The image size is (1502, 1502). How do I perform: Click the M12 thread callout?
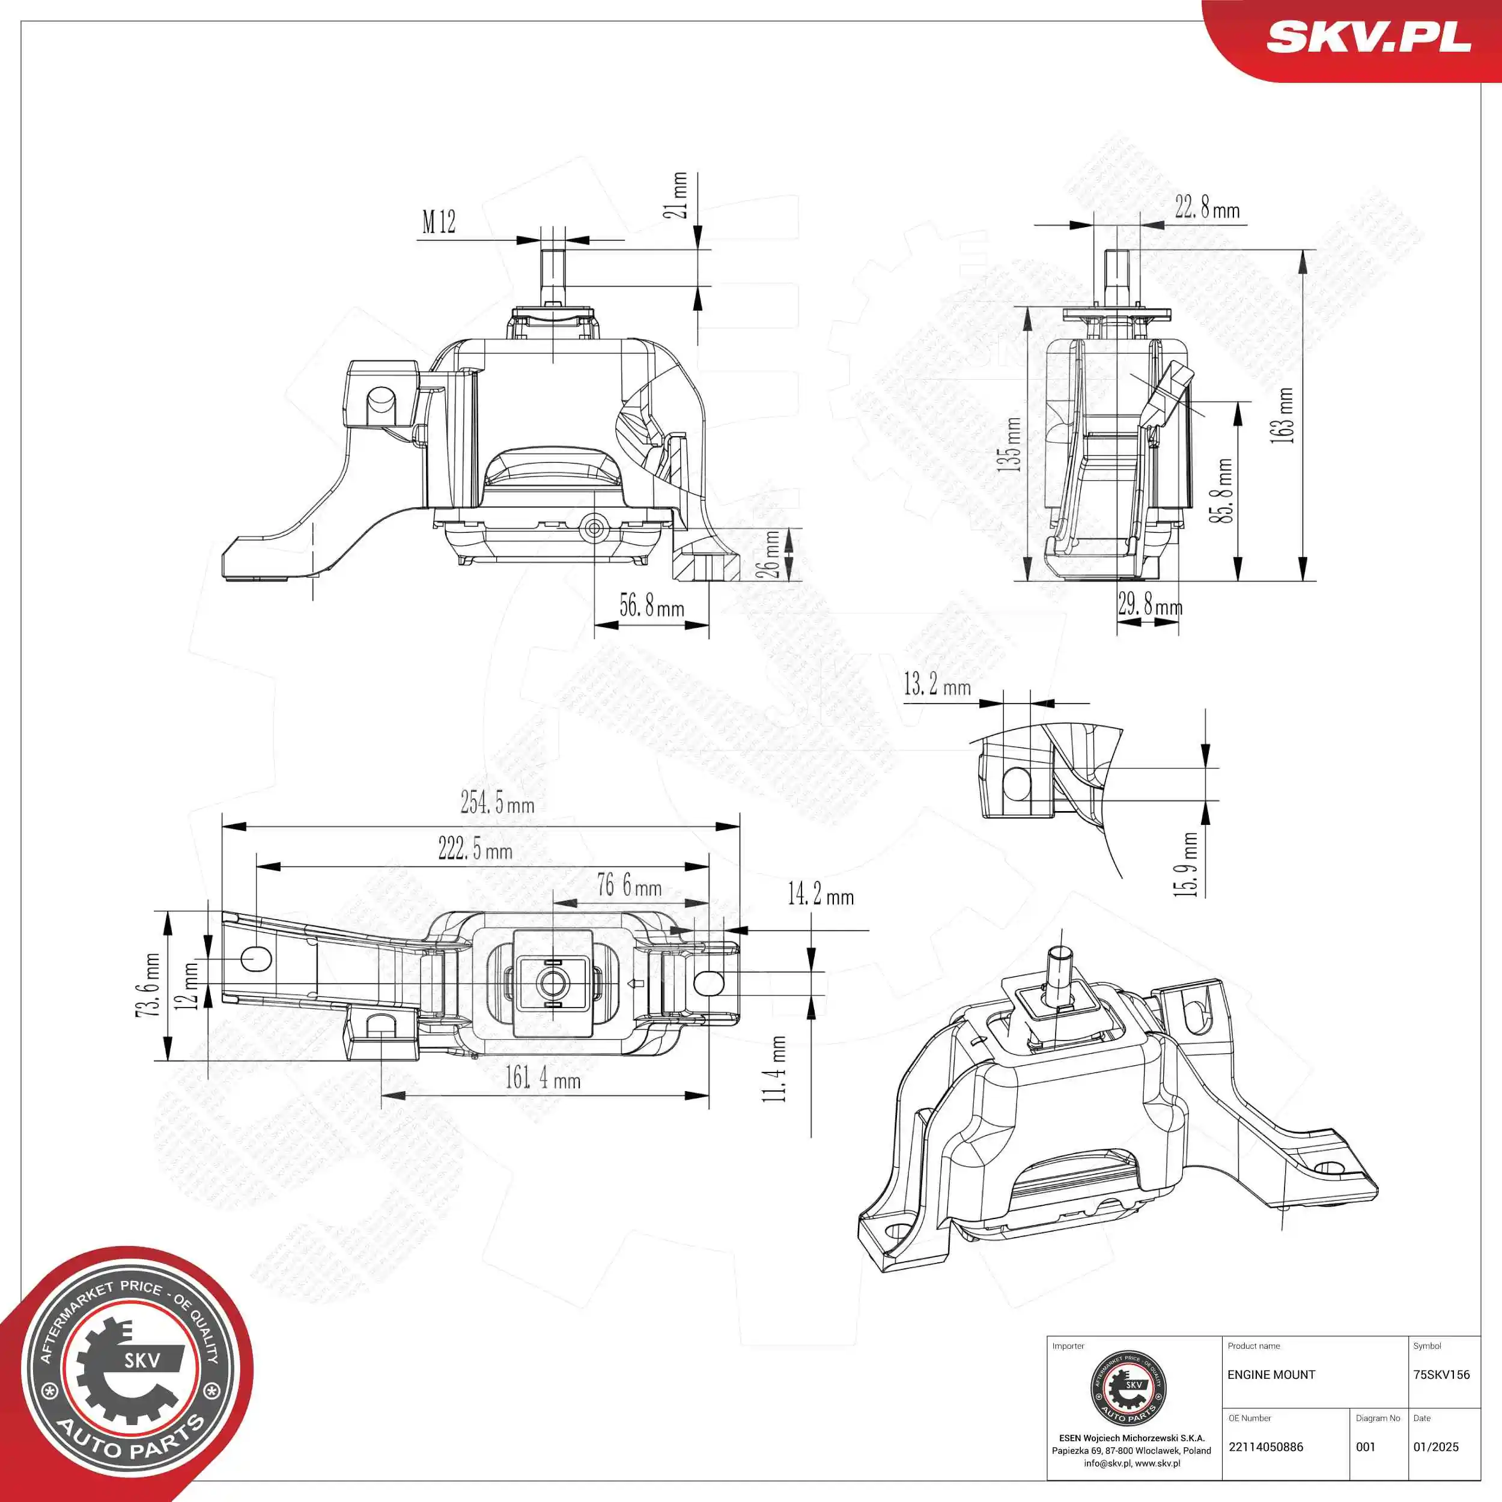click(x=439, y=222)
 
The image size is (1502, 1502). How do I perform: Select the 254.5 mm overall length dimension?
click(x=497, y=802)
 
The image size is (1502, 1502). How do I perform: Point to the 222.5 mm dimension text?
click(x=475, y=849)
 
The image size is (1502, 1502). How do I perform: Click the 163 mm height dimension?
click(x=1282, y=416)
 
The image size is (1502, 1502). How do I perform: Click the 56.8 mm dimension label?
click(x=651, y=606)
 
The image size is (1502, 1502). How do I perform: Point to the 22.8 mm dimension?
click(x=1206, y=207)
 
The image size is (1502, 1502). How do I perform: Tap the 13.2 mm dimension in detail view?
click(x=937, y=685)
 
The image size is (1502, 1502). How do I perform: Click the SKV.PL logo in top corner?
click(x=1368, y=37)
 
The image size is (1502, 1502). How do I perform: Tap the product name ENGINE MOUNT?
click(x=1271, y=1375)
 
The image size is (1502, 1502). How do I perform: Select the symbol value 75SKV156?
click(x=1441, y=1375)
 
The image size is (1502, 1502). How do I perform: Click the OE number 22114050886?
click(x=1266, y=1447)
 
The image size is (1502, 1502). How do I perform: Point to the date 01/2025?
click(x=1436, y=1447)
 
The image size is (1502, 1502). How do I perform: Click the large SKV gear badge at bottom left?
click(x=129, y=1372)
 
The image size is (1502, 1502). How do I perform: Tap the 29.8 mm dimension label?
click(x=1150, y=605)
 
